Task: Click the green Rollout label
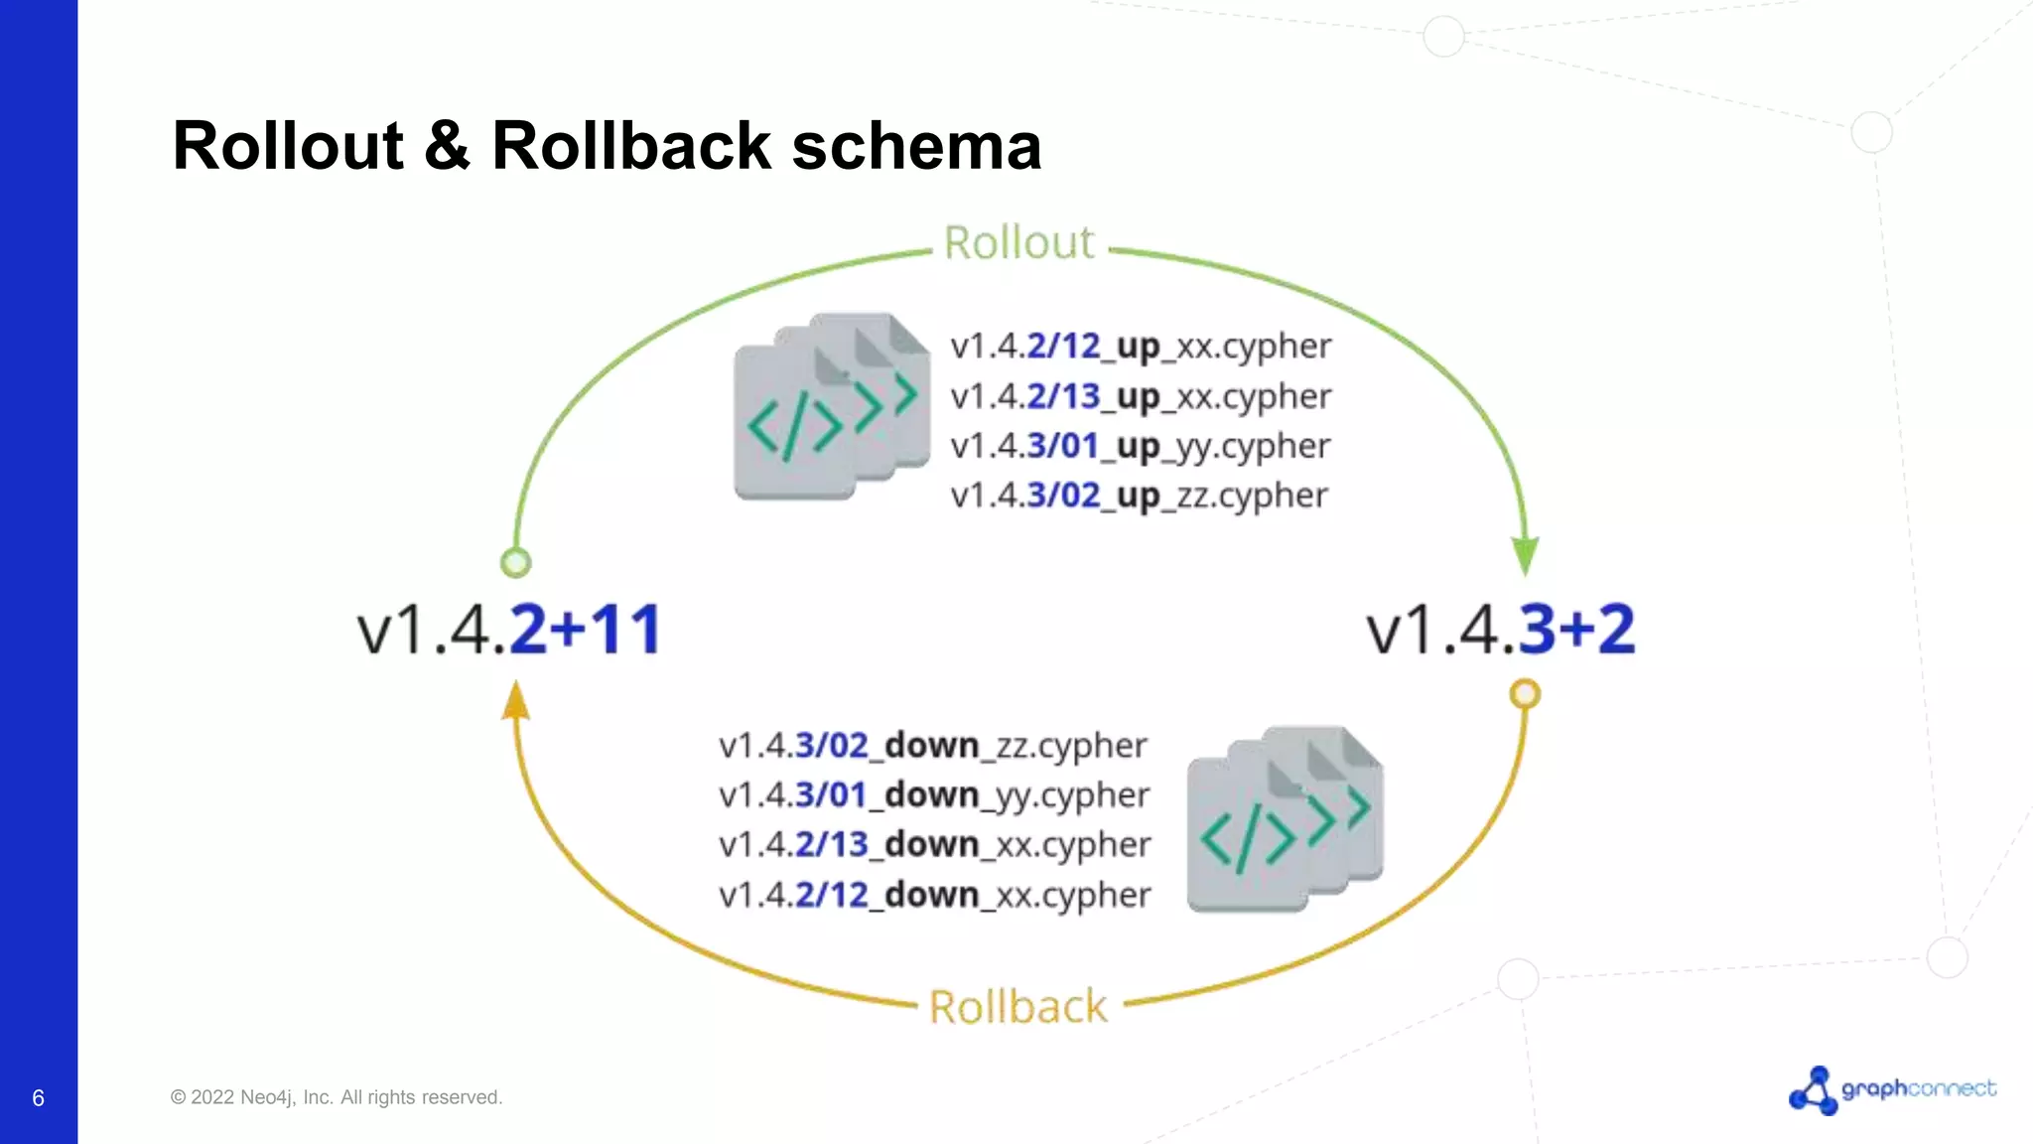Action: pyautogui.click(x=1018, y=243)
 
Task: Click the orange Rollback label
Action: pyautogui.click(x=1018, y=1007)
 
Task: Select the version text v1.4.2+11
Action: pyautogui.click(x=509, y=630)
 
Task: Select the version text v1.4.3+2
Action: pyautogui.click(x=1500, y=630)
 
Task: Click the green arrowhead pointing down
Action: pyautogui.click(x=1525, y=555)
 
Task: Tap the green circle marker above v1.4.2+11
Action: pyautogui.click(x=515, y=563)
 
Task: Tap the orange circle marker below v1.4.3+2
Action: pyautogui.click(x=1525, y=693)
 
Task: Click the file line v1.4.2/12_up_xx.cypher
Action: pyautogui.click(x=1140, y=347)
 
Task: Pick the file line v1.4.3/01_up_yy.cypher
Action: pyautogui.click(x=1140, y=447)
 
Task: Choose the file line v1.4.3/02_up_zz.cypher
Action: pyautogui.click(x=1139, y=496)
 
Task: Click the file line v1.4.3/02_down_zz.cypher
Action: pyautogui.click(x=932, y=746)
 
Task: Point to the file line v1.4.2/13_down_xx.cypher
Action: pyautogui.click(x=934, y=845)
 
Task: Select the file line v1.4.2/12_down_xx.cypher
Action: pyautogui.click(x=934, y=896)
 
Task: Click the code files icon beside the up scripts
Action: pyautogui.click(x=831, y=407)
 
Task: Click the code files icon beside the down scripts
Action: pyautogui.click(x=1285, y=820)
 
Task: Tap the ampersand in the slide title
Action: pyautogui.click(x=447, y=146)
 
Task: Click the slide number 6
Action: pyautogui.click(x=38, y=1098)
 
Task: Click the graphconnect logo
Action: pyautogui.click(x=1892, y=1090)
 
